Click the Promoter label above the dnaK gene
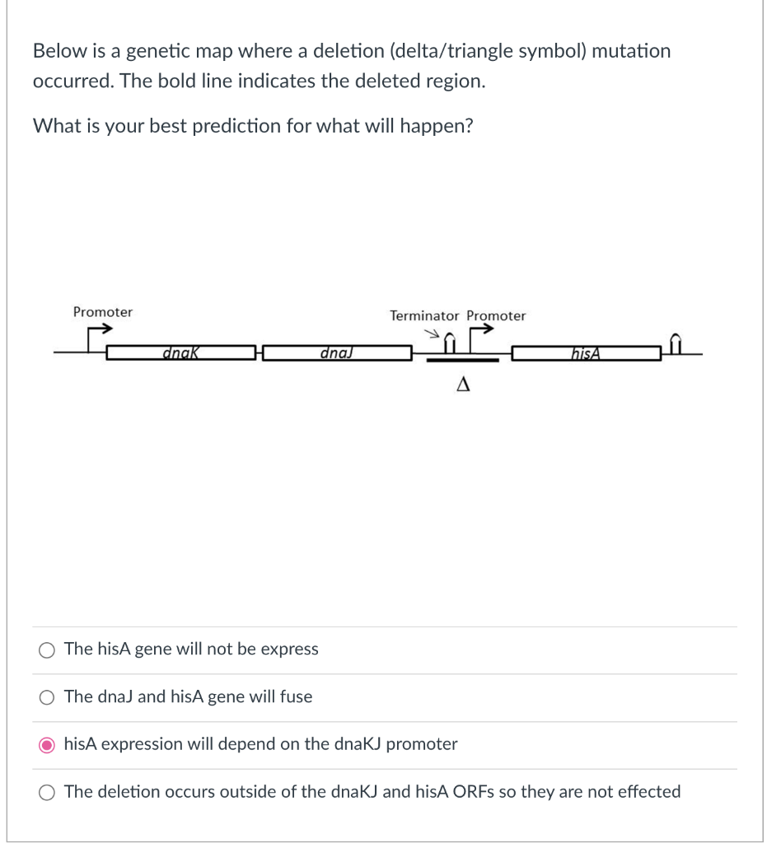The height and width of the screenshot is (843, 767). (x=102, y=312)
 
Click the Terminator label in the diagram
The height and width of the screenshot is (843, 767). (x=424, y=316)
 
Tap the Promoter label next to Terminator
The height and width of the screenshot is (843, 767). (x=496, y=316)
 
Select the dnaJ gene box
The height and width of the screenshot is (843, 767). (x=337, y=354)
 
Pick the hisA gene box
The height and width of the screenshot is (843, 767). (x=586, y=354)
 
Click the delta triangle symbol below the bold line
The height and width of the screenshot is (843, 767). (x=463, y=384)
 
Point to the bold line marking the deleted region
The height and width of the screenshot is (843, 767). (x=463, y=361)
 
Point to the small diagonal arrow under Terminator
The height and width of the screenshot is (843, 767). (x=430, y=334)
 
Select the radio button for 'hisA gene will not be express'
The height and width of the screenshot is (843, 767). (x=46, y=650)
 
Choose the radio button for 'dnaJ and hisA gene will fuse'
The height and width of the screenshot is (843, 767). (x=46, y=697)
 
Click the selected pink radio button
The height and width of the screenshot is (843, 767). (x=46, y=745)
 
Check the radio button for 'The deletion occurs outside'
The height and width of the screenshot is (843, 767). (x=46, y=792)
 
